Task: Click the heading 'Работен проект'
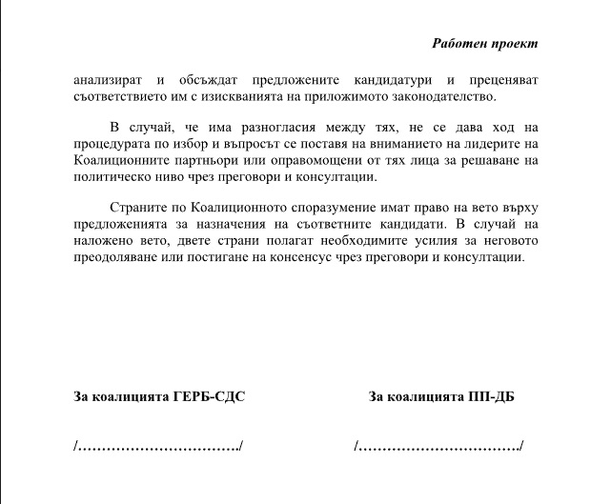(484, 44)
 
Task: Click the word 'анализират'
(107, 80)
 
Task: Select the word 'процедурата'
(110, 144)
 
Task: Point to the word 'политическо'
(111, 176)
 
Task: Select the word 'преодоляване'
(115, 257)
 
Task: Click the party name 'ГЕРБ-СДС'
(209, 396)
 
